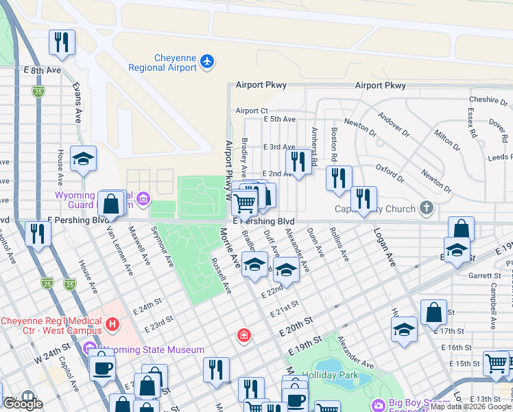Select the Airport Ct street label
pos(251,111)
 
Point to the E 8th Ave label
pos(43,71)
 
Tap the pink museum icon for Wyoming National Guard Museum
pos(143,200)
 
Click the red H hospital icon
pos(112,322)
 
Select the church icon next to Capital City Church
pos(426,208)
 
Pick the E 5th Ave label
pos(279,119)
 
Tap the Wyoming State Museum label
pos(150,350)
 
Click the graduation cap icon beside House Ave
pos(84,159)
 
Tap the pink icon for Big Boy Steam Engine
pos(377,406)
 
